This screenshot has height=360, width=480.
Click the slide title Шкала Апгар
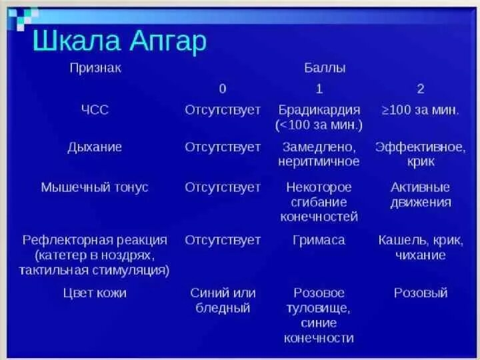tap(120, 41)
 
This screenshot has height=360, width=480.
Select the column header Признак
tap(95, 68)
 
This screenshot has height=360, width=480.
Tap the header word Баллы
tap(325, 68)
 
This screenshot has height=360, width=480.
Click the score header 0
tap(223, 89)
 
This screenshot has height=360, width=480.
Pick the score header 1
tap(319, 89)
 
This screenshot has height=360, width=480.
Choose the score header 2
tap(420, 89)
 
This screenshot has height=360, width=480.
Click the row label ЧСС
tap(95, 110)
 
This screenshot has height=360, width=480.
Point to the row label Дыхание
tap(95, 147)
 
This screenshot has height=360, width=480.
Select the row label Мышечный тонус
tap(95, 187)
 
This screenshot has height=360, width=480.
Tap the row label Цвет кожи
tap(95, 293)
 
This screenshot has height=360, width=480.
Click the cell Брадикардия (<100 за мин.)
tap(319, 117)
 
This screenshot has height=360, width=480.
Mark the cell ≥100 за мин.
tap(420, 110)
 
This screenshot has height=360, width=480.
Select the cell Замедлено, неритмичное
tap(319, 154)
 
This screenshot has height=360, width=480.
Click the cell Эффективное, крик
tap(420, 154)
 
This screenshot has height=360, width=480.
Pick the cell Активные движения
tap(420, 195)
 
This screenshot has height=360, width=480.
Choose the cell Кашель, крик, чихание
tap(420, 247)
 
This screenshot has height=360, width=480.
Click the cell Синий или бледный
tap(223, 300)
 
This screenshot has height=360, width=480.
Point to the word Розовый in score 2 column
tap(420, 293)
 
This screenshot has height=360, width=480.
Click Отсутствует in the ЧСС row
tap(223, 110)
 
